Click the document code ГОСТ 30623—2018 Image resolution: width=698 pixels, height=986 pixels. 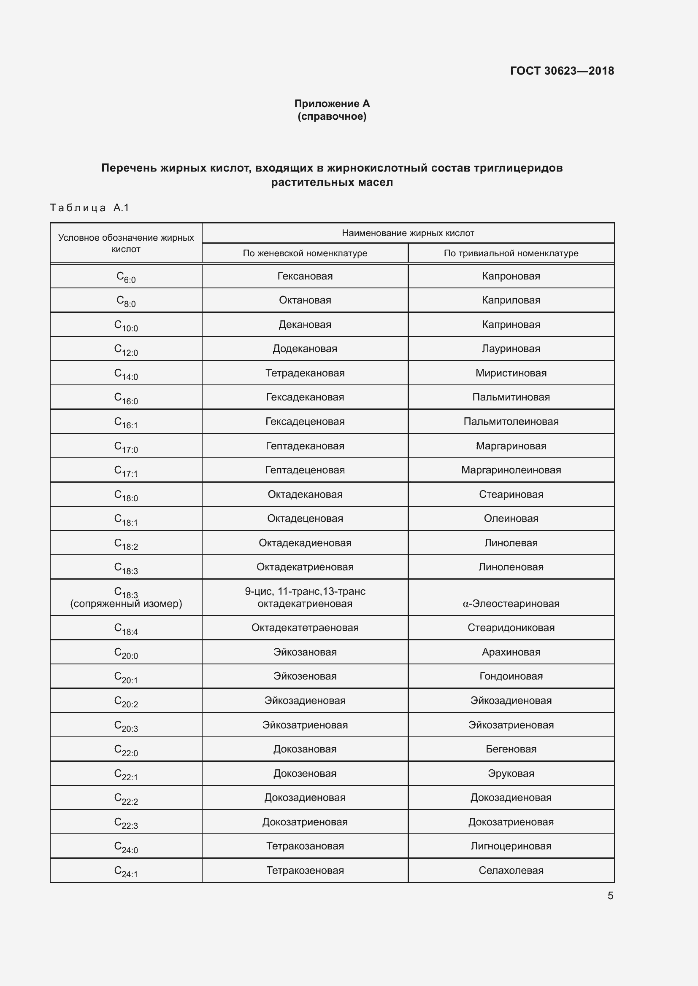[x=562, y=71]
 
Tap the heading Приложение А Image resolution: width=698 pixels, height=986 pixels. [x=332, y=104]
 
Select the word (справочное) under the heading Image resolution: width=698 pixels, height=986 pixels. [x=332, y=116]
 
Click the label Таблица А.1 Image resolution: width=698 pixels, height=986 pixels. [x=89, y=208]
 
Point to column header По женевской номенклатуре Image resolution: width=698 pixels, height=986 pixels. [x=305, y=253]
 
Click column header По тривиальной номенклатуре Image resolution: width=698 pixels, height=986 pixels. [x=511, y=253]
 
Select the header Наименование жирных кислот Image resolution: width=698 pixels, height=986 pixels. [x=408, y=233]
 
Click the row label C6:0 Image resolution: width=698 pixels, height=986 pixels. [x=126, y=277]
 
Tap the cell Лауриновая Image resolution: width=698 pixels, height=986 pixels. [x=511, y=349]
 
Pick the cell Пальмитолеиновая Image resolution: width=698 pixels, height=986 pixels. [x=511, y=422]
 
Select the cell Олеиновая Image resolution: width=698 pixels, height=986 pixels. [x=511, y=519]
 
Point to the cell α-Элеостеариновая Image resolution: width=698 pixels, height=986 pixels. [x=511, y=604]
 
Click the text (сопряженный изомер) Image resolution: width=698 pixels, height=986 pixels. [x=126, y=604]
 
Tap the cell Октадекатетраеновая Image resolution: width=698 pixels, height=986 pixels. [x=305, y=628]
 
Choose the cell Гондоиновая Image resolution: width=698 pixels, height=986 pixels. [x=511, y=676]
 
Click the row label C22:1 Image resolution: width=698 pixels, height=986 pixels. [x=126, y=775]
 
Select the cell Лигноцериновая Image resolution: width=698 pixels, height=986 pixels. [x=511, y=846]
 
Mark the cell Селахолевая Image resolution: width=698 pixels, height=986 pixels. [x=511, y=870]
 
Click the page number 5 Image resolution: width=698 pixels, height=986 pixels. [x=610, y=896]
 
